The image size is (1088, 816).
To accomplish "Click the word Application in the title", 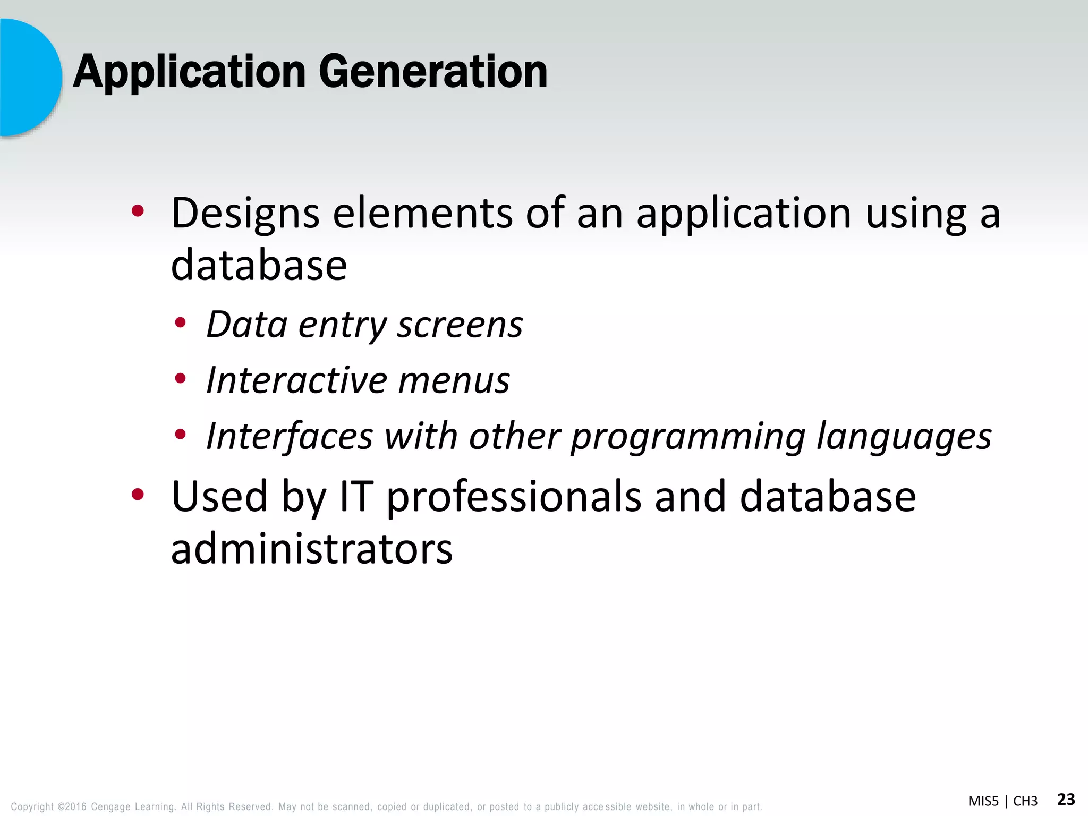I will [x=189, y=73].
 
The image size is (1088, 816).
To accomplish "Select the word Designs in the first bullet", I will [x=245, y=214].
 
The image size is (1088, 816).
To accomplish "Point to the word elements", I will [x=422, y=214].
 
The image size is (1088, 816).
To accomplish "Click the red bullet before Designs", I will [x=138, y=211].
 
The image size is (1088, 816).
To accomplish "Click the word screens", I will [x=460, y=325].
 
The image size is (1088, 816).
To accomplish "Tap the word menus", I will [x=454, y=380].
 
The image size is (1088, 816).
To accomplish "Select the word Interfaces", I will [x=290, y=436].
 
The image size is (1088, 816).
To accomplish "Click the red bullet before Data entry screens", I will [x=181, y=322].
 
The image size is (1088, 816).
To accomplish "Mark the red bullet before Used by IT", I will [x=138, y=495].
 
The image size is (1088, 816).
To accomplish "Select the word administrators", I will [x=312, y=549].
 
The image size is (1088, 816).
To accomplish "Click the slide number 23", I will [x=1066, y=799].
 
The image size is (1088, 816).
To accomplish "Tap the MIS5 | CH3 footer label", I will [x=1002, y=801].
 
